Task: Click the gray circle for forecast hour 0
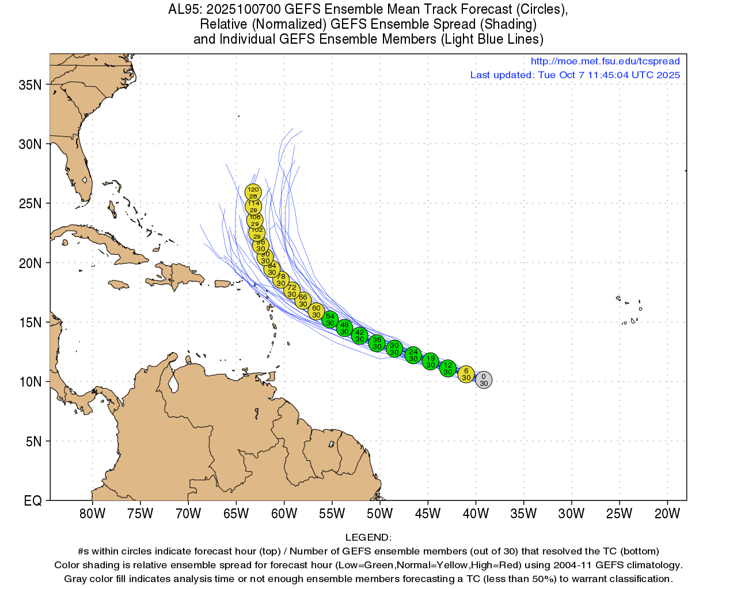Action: [x=484, y=380]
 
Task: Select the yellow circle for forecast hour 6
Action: [x=466, y=374]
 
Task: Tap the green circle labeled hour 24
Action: [x=413, y=355]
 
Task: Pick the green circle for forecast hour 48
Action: [x=344, y=328]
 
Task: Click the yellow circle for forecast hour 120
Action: [x=253, y=192]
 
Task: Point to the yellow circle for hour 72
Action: [x=292, y=290]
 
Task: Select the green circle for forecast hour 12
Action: [x=448, y=369]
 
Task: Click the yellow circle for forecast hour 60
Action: [x=316, y=311]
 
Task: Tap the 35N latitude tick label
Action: [x=30, y=85]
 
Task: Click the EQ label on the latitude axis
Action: [x=33, y=501]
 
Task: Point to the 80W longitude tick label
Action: [x=92, y=514]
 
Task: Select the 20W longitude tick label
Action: [x=667, y=514]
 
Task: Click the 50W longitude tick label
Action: [x=379, y=514]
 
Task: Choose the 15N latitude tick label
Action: [x=30, y=323]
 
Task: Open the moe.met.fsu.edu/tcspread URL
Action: [x=605, y=61]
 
